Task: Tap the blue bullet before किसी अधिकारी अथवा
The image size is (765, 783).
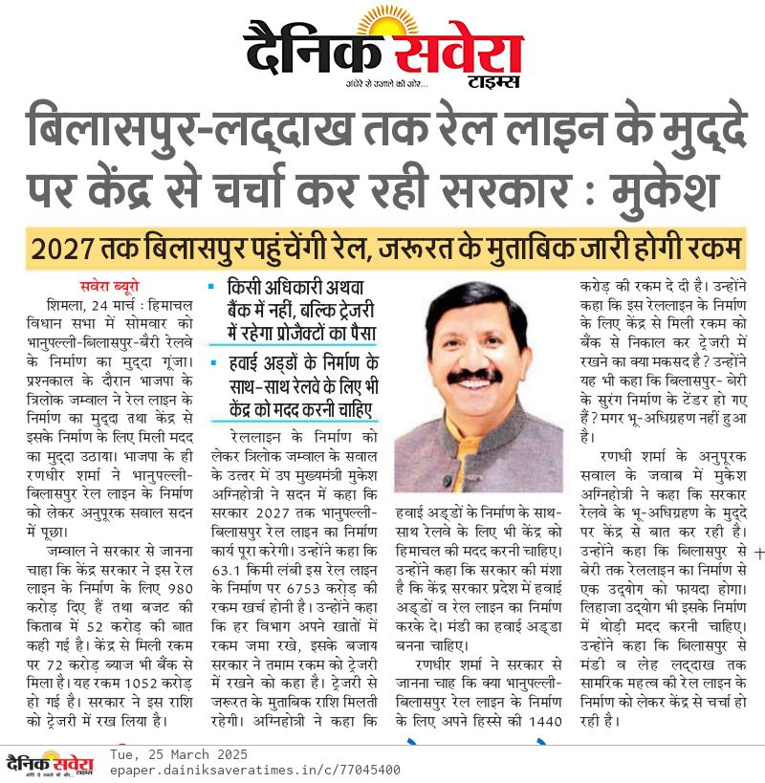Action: (x=211, y=286)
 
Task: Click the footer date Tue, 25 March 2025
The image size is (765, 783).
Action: (x=179, y=754)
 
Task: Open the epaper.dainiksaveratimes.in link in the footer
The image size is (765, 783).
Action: (x=255, y=770)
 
